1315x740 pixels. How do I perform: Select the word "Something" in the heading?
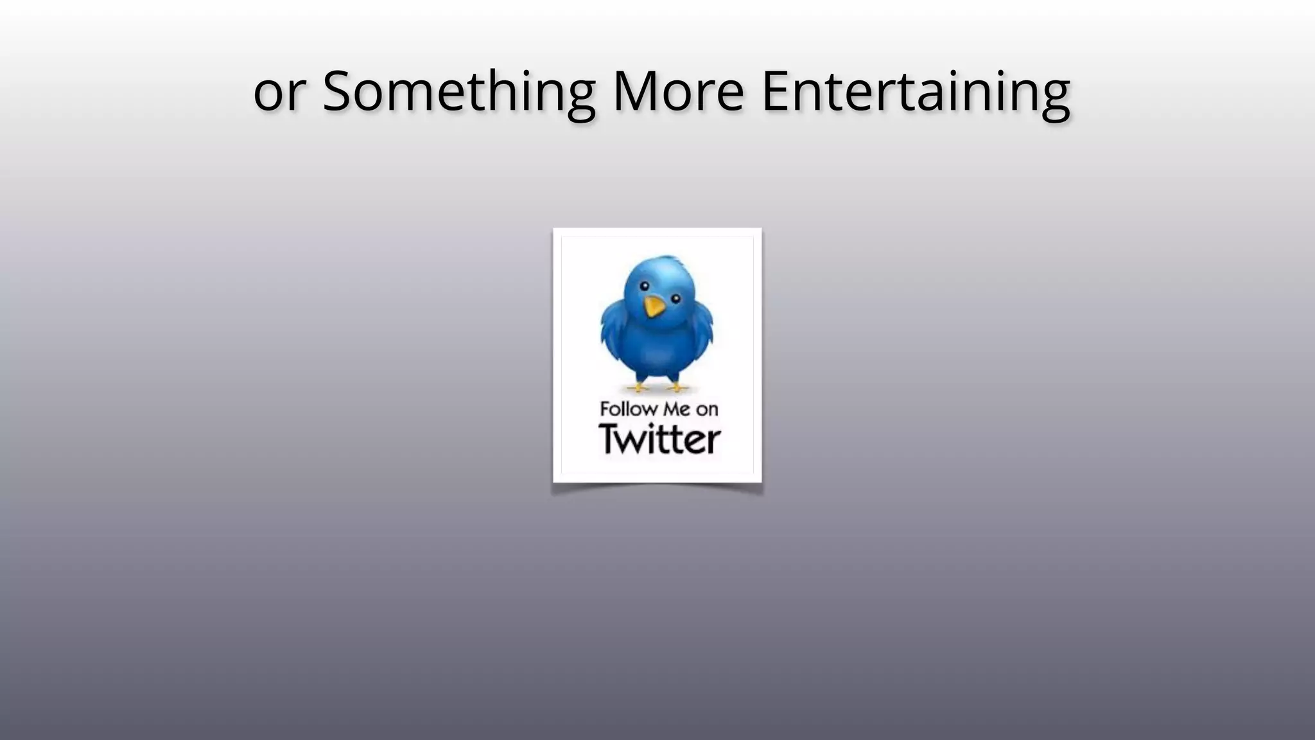point(458,92)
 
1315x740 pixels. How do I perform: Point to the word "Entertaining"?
point(916,92)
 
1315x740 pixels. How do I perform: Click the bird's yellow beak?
point(654,306)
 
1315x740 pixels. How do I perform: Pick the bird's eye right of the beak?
point(675,298)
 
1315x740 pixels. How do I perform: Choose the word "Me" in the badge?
point(677,409)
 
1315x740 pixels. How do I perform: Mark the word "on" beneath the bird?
point(707,410)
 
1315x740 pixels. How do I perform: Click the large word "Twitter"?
point(659,440)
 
